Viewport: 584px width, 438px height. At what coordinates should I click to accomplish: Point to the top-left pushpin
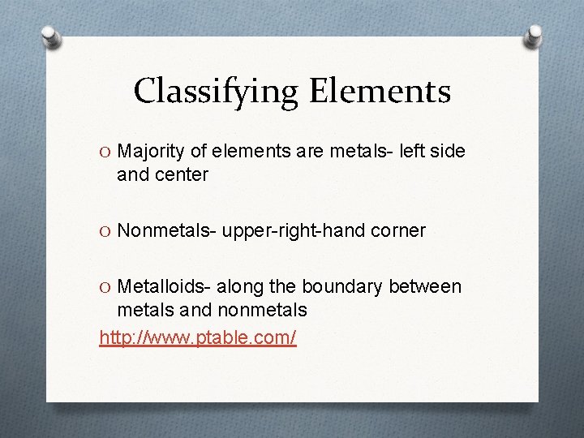tap(49, 36)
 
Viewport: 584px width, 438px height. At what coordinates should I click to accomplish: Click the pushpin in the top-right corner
tap(534, 36)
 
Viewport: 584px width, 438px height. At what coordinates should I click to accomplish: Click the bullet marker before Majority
tap(105, 152)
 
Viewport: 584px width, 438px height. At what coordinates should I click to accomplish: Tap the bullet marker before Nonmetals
tap(105, 231)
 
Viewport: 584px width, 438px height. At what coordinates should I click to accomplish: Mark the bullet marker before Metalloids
tap(105, 287)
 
